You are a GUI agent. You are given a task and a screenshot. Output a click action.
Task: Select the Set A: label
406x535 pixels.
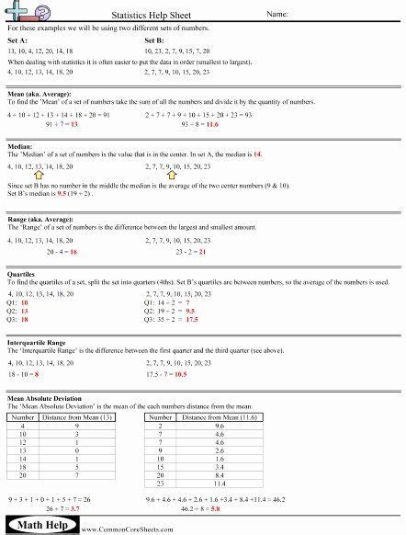[17, 41]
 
